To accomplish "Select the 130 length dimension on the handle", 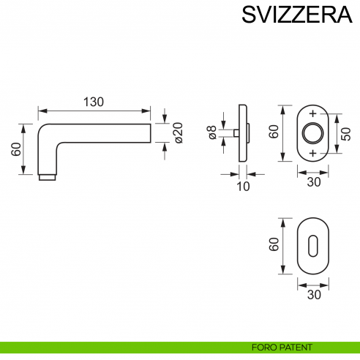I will coord(93,102).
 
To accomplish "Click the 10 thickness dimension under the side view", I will coord(244,187).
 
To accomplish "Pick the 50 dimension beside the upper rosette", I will coord(345,133).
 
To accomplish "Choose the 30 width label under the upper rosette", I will coord(314,182).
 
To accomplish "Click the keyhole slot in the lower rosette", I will coord(314,244).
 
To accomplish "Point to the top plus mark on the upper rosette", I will coord(314,113).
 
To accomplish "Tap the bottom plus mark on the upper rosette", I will coord(314,153).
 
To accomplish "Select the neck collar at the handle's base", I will coord(46,177).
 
